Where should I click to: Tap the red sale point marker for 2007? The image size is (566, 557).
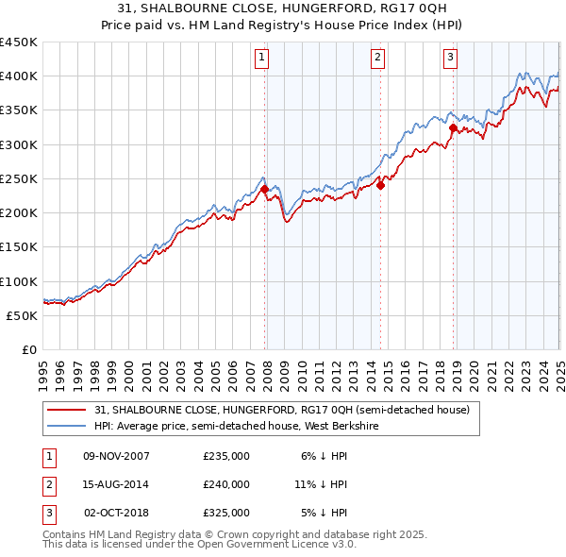[264, 189]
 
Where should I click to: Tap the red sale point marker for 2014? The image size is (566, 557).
[381, 185]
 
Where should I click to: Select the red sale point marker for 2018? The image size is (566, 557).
[453, 127]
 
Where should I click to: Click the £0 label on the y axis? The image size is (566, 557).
[28, 349]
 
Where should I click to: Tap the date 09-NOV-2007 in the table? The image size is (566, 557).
[117, 455]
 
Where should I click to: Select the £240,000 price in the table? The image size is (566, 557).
[226, 484]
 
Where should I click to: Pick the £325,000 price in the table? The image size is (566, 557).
[226, 514]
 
